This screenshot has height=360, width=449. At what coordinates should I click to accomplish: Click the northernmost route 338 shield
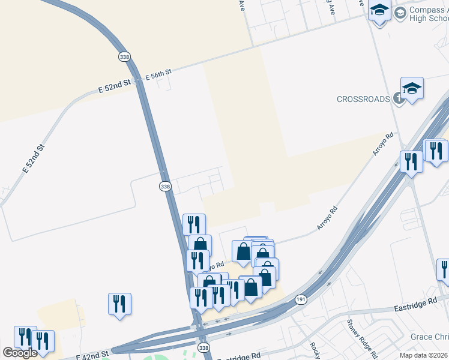[x=124, y=56]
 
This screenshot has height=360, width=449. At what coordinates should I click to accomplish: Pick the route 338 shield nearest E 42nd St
[x=203, y=348]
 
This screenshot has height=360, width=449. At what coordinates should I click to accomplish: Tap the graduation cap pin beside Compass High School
[x=379, y=12]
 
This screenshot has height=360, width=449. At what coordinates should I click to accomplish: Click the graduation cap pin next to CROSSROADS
[x=412, y=89]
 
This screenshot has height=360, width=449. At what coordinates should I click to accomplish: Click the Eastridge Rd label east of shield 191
[x=415, y=304]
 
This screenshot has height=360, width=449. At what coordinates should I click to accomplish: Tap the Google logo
[x=20, y=353]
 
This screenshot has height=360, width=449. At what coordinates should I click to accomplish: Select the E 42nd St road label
[x=93, y=355]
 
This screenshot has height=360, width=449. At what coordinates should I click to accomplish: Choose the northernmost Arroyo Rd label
[x=382, y=144]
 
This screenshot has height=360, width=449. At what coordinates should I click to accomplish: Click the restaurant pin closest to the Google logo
[x=25, y=337]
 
